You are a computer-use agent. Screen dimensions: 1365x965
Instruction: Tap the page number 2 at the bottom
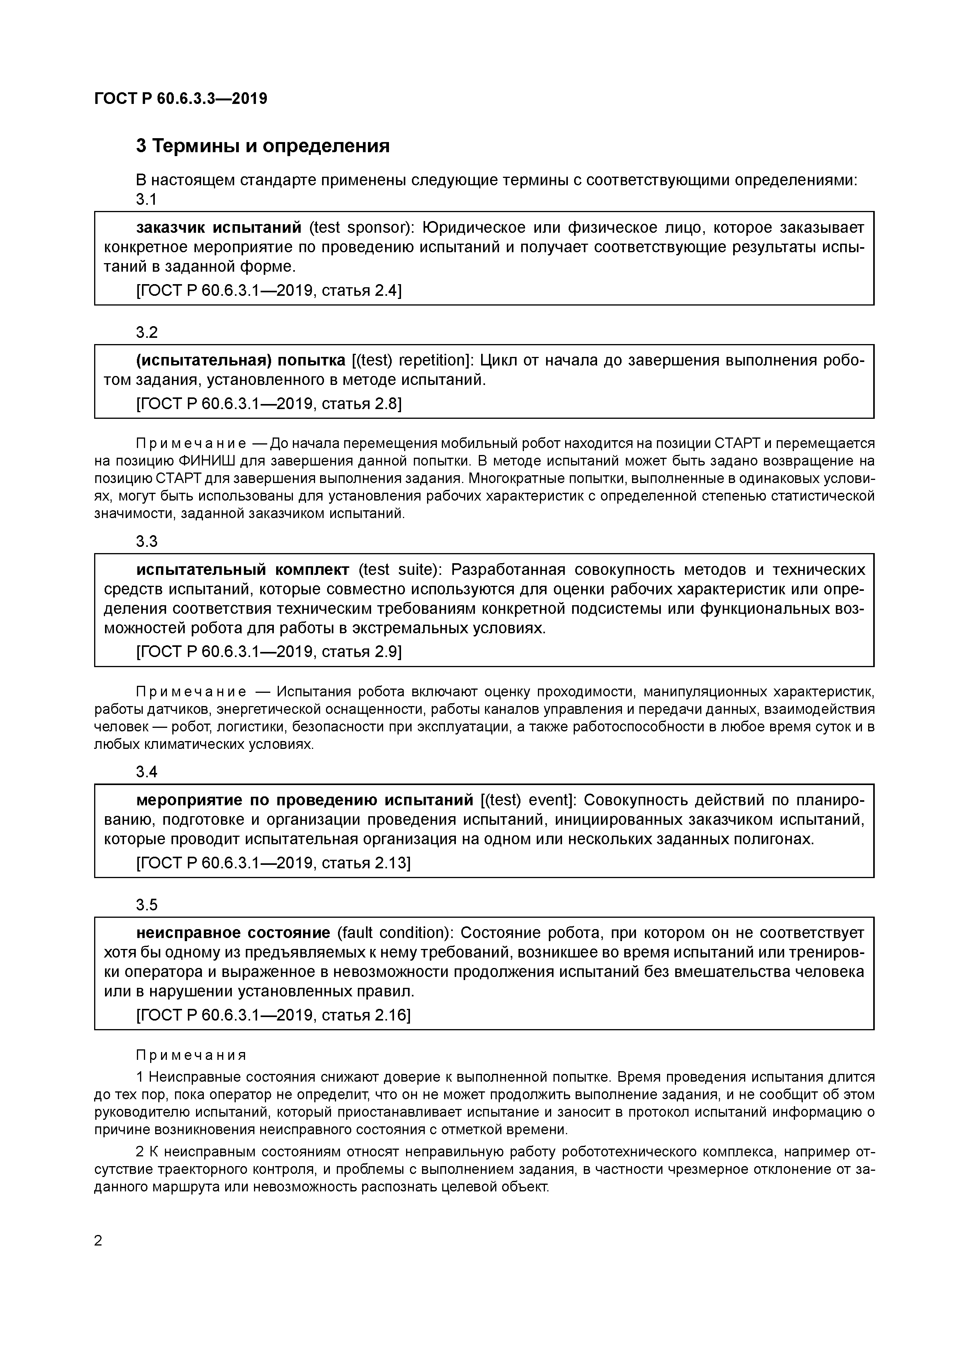pos(99,1240)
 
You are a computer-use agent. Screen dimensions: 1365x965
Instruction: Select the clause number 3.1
pos(146,200)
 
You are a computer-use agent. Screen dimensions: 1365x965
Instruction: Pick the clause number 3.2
pos(146,333)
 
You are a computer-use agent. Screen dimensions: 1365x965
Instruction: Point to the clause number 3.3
pos(146,541)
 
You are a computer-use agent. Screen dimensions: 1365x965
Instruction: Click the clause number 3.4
pos(146,772)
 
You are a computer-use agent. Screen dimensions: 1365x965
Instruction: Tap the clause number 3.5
pos(146,905)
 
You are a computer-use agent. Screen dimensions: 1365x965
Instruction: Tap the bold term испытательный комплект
pos(242,570)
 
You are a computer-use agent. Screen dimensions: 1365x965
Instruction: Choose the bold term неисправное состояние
pos(233,933)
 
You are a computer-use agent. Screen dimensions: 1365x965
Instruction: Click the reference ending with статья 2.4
pos(269,291)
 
